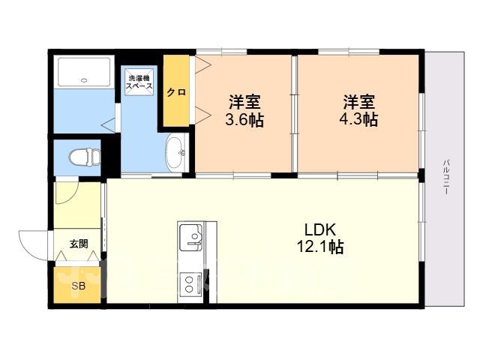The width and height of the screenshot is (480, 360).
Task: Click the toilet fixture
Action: pyautogui.click(x=85, y=157)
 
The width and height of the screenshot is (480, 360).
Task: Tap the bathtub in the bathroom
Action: pyautogui.click(x=84, y=72)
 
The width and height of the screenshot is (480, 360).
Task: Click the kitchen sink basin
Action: pyautogui.click(x=190, y=237)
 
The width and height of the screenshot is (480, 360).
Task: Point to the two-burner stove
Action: pyautogui.click(x=190, y=284)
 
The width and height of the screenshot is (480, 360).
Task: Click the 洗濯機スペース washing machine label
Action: pyautogui.click(x=139, y=82)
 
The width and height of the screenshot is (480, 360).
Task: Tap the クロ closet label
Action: pyautogui.click(x=176, y=91)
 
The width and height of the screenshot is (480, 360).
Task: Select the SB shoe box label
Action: pyautogui.click(x=78, y=286)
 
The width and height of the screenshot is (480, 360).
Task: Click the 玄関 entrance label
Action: pyautogui.click(x=79, y=244)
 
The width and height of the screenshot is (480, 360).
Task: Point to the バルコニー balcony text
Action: pyautogui.click(x=447, y=177)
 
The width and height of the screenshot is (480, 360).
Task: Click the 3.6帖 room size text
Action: pyautogui.click(x=244, y=120)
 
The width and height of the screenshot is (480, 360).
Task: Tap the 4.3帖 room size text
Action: pyautogui.click(x=358, y=119)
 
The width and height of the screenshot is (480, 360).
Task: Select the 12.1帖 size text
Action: pyautogui.click(x=320, y=247)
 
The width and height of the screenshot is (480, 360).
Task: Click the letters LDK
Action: pyautogui.click(x=320, y=229)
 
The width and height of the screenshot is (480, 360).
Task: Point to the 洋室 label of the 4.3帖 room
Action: pyautogui.click(x=358, y=102)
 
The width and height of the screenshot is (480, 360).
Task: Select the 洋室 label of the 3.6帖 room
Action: pyautogui.click(x=245, y=102)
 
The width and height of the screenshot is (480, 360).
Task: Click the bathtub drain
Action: pyautogui.click(x=84, y=80)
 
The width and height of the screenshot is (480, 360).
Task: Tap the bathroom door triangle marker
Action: pyautogui.click(x=109, y=125)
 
